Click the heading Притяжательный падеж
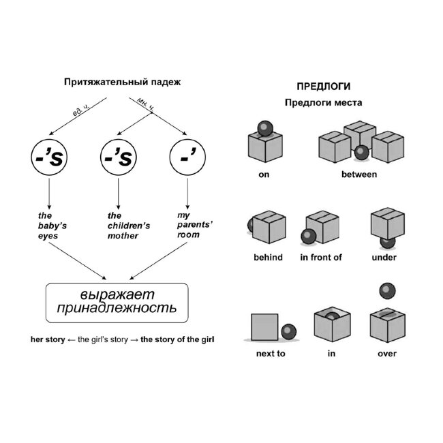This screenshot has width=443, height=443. [x=122, y=82]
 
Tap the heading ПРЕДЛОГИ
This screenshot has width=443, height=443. [x=324, y=86]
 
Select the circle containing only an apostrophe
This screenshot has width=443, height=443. [x=187, y=157]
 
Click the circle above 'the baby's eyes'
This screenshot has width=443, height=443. [x=49, y=157]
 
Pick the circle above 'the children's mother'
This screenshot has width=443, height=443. [x=119, y=157]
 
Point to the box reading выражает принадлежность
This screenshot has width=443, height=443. [x=117, y=303]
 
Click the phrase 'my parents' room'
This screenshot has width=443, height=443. [x=195, y=225]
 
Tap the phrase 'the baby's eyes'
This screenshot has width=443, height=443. [x=52, y=226]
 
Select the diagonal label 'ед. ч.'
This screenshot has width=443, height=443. [x=81, y=110]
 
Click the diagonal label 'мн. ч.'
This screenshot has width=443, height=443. [x=145, y=104]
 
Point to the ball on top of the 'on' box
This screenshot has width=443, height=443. [x=265, y=129]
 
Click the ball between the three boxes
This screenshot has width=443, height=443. [x=362, y=152]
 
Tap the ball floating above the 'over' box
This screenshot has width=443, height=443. [x=387, y=291]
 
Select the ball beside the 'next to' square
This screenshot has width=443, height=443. [x=289, y=331]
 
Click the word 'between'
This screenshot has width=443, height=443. [x=359, y=174]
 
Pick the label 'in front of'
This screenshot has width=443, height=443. [x=321, y=258]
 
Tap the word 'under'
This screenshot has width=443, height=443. [x=384, y=258]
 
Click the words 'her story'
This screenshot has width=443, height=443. [x=48, y=339]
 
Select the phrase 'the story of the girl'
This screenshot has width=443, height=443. [x=177, y=339]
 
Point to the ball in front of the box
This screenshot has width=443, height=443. [x=309, y=236]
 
